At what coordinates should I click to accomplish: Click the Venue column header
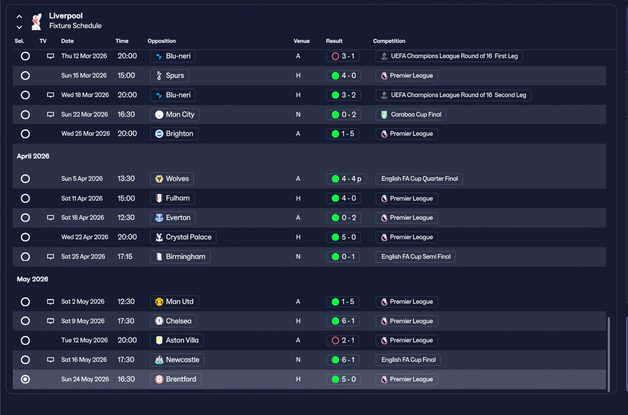302,41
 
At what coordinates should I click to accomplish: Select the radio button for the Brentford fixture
26,379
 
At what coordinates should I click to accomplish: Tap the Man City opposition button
175,115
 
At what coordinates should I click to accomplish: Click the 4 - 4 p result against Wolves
346,179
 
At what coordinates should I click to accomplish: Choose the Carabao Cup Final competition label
411,115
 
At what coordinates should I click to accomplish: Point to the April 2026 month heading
33,156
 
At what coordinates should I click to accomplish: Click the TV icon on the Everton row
51,218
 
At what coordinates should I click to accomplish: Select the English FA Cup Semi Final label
415,257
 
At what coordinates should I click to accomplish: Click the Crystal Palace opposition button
183,237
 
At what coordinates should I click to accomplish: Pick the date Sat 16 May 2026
84,360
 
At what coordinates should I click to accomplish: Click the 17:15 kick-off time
125,257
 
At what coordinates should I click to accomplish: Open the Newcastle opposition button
177,360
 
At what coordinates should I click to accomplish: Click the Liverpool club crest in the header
36,21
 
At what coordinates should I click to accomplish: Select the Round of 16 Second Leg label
453,95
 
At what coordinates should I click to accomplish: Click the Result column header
334,41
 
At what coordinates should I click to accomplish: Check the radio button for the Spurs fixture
26,76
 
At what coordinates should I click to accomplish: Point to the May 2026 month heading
32,280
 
